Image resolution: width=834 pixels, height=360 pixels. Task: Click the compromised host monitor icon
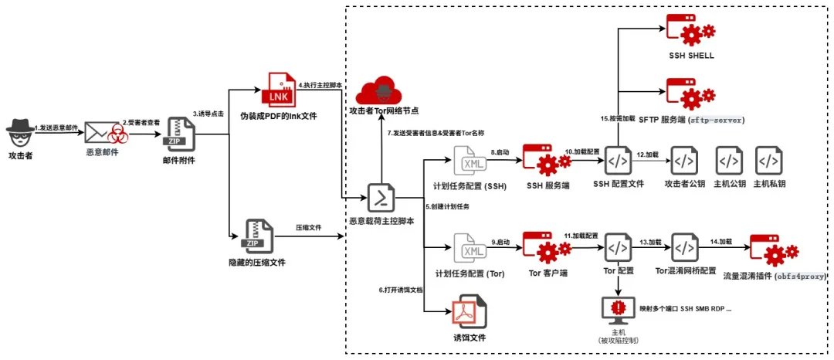pyautogui.click(x=619, y=307)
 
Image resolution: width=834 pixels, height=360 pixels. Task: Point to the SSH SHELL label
pyautogui.click(x=691, y=56)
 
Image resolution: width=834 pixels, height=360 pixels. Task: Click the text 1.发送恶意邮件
pyautogui.click(x=58, y=125)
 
